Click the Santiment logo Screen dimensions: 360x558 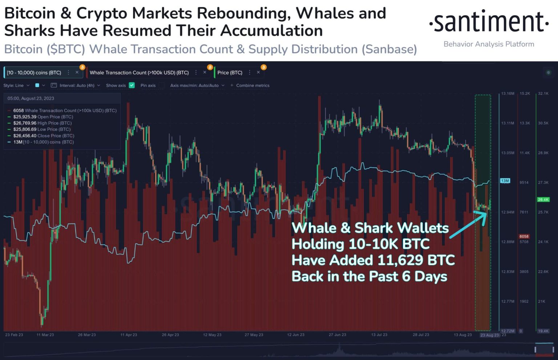489,23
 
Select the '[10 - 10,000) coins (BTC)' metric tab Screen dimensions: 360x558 34,73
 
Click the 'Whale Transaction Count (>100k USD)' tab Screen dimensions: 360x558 139,73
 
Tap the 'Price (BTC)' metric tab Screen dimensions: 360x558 230,73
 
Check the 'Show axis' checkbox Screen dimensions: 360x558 132,85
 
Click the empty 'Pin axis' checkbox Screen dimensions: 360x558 162,85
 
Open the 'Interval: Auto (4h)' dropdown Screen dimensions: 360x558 77,85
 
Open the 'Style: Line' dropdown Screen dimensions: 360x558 16,85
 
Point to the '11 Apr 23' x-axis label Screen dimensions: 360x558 129,335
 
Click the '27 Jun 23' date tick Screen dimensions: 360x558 337,335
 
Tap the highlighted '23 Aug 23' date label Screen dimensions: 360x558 489,335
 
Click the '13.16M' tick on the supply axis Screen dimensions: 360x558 508,94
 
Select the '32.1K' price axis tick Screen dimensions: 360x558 543,94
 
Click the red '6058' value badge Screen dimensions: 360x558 524,236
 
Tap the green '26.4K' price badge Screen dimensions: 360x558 543,199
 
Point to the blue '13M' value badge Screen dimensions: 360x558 505,181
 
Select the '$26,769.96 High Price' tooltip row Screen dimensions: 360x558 42,123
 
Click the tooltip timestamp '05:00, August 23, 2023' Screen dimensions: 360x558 31,98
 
